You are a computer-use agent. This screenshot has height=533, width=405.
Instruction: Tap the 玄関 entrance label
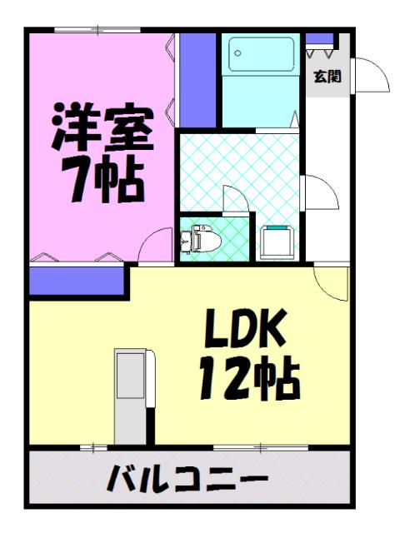326,78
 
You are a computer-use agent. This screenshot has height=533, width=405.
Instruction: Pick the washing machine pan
277,242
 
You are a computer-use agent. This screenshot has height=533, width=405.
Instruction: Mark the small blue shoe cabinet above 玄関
319,38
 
